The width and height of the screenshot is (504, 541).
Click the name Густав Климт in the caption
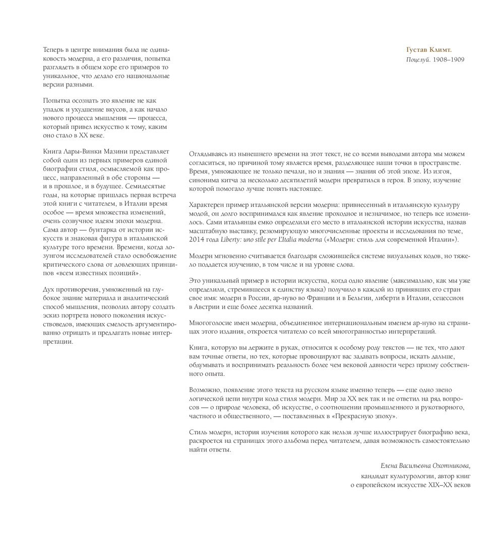coord(429,50)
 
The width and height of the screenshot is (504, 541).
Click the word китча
coord(229,180)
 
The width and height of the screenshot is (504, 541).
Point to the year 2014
coord(197,240)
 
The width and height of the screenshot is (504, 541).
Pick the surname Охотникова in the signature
coord(449,466)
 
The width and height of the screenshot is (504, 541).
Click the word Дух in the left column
coord(49,289)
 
